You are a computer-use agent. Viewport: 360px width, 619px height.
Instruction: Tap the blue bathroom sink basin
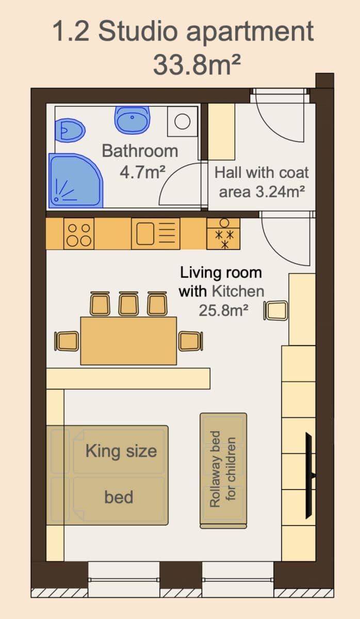click(x=132, y=119)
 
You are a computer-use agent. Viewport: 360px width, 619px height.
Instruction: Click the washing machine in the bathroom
click(x=182, y=122)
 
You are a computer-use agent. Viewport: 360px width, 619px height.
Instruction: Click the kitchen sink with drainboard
click(x=156, y=234)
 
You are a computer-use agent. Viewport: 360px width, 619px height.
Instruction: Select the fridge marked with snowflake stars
click(x=224, y=234)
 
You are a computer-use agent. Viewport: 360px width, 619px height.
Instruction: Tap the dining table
click(x=128, y=340)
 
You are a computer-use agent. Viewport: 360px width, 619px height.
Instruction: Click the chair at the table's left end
click(x=67, y=341)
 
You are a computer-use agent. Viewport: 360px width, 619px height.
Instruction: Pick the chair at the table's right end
click(x=190, y=341)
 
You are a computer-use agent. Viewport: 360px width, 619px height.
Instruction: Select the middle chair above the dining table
click(x=128, y=303)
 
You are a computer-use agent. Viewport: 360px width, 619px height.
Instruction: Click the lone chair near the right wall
click(x=276, y=311)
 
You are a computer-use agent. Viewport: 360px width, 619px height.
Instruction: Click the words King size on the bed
click(x=121, y=451)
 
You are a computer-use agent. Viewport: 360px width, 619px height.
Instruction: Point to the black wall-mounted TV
click(x=309, y=475)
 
